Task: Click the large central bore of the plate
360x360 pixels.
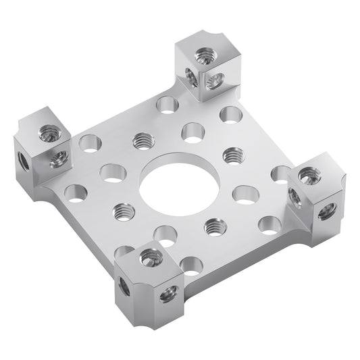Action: [179, 182]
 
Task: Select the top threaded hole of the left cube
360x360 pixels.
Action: [49, 132]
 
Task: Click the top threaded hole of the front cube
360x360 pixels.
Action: [151, 257]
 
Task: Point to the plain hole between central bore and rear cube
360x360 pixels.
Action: [194, 131]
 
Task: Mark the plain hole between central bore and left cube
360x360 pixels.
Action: [112, 173]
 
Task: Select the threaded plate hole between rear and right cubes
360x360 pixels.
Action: [232, 155]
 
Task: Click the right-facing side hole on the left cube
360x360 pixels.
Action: [59, 160]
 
